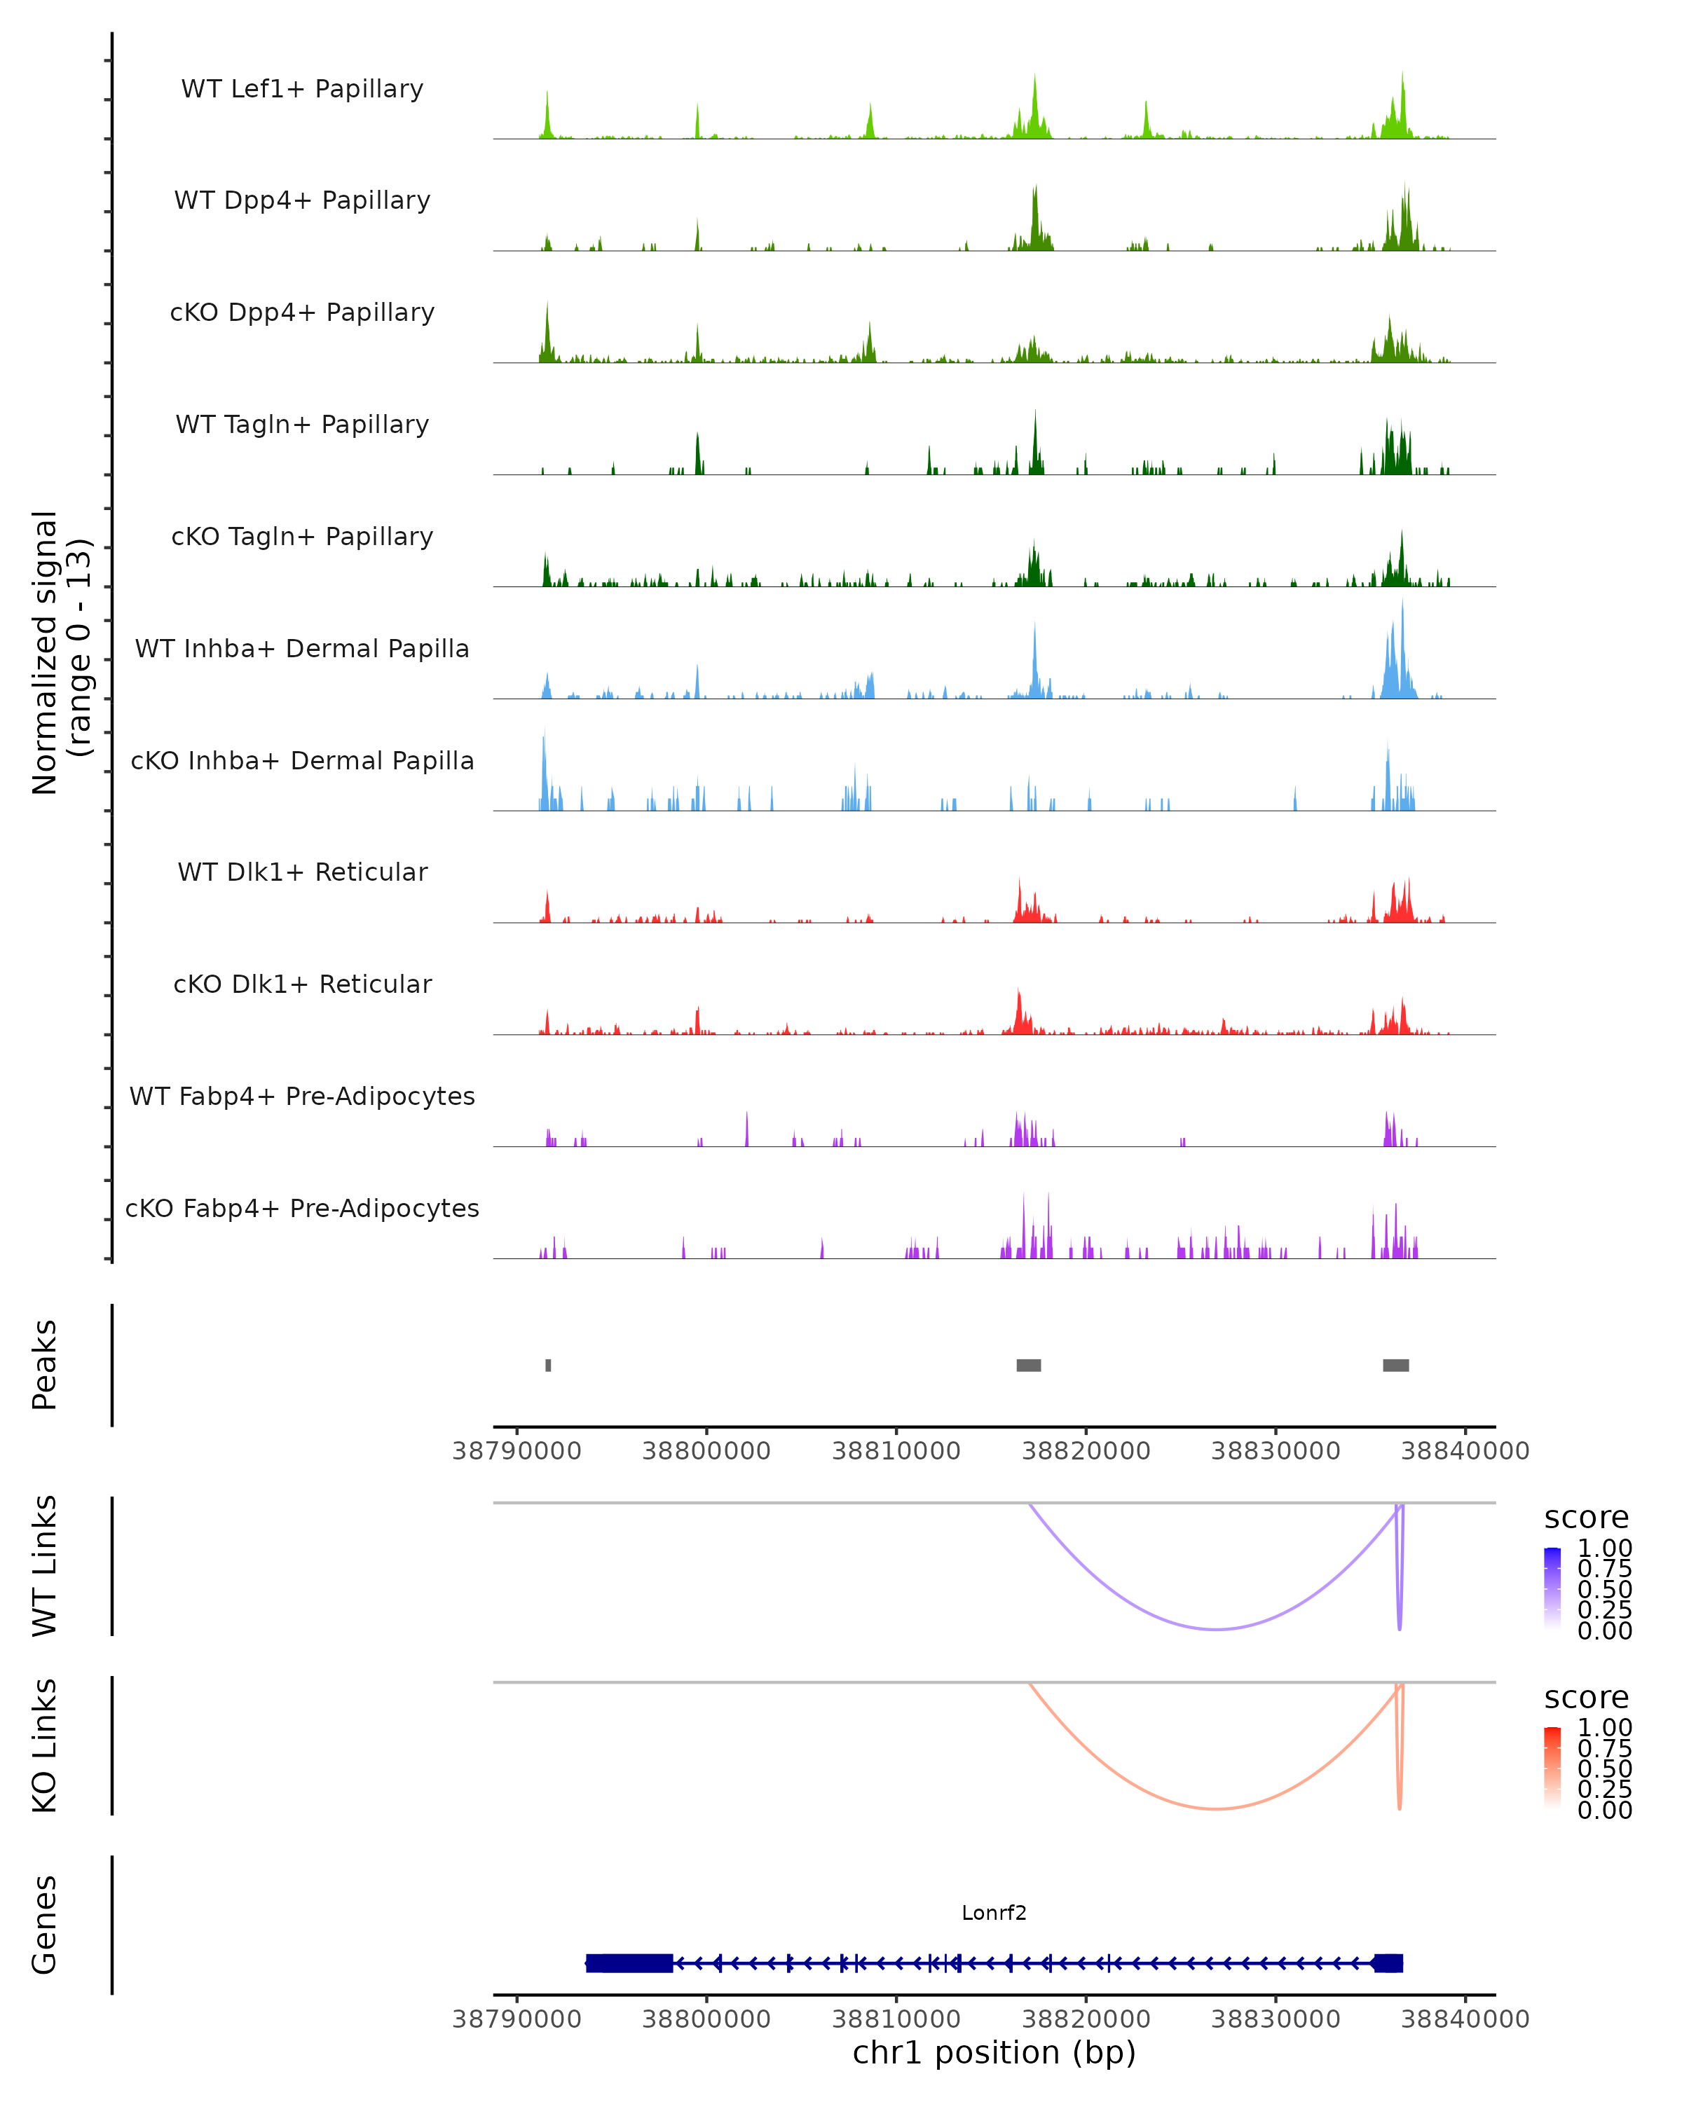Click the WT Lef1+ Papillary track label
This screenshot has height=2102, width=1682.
coord(302,89)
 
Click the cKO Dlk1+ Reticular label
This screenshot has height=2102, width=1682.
coord(302,984)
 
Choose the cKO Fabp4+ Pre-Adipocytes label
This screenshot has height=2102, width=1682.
coord(302,1208)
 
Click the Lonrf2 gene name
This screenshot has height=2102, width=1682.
coord(994,1913)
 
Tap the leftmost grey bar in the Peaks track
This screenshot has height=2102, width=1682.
coord(548,1365)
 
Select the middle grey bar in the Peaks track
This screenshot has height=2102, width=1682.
coord(1029,1365)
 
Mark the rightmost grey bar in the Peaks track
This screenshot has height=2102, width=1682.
coord(1395,1365)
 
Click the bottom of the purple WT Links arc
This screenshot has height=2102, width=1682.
coord(1216,1629)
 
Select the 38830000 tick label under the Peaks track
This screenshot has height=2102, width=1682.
coord(1276,1451)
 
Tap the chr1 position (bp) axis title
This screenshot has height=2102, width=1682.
coord(994,2052)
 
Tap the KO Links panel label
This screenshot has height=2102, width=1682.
coord(45,1745)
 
